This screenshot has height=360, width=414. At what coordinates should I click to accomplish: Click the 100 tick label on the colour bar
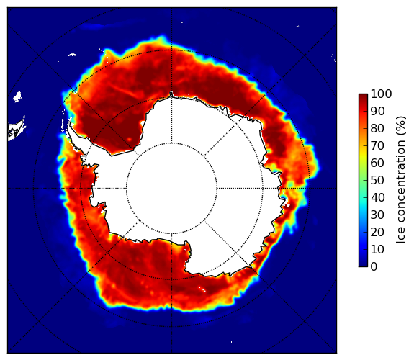point(381,94)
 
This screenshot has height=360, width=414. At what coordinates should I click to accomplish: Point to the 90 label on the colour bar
point(377,111)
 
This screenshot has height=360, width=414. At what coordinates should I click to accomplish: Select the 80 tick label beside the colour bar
point(377,129)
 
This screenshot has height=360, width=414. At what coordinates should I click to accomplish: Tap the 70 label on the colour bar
point(377,145)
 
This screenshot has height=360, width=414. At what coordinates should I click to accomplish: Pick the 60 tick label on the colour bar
point(377,163)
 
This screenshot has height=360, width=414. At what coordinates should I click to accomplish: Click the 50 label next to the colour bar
point(377,181)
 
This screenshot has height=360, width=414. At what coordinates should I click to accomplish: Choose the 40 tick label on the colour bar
point(377,197)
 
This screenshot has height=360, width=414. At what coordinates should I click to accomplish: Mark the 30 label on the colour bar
point(377,215)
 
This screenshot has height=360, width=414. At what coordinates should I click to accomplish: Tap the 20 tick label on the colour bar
point(377,232)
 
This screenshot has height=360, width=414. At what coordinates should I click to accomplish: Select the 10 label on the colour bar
point(377,249)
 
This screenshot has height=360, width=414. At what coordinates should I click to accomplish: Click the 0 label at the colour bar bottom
point(374,267)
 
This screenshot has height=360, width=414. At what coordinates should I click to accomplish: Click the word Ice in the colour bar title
point(400,237)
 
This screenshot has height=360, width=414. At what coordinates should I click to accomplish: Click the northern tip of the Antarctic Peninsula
point(69,122)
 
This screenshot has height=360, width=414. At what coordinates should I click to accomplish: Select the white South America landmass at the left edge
point(16,130)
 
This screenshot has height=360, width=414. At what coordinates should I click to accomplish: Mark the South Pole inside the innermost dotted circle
point(171,189)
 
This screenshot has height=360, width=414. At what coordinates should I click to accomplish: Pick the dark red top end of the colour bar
point(363,96)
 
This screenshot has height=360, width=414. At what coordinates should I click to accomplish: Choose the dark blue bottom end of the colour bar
point(363,264)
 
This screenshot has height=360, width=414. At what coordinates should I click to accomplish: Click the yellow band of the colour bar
point(363,156)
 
